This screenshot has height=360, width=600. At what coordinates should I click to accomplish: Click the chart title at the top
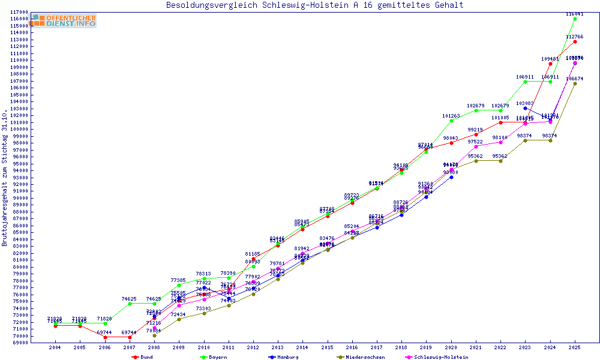(315, 5)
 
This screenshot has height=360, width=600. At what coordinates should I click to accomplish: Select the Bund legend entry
(142, 357)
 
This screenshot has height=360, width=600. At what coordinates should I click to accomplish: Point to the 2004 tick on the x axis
(55, 347)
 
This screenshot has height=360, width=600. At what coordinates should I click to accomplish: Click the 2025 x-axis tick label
(575, 347)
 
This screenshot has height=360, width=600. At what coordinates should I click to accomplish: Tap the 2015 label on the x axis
(327, 347)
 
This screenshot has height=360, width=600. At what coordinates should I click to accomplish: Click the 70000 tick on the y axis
(21, 335)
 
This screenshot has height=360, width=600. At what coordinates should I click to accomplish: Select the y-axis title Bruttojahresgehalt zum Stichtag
(5, 178)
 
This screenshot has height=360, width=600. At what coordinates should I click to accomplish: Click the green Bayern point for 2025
(575, 19)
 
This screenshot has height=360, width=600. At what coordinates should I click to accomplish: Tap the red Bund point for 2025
(575, 41)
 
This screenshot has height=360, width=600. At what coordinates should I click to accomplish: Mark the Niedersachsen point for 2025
(575, 83)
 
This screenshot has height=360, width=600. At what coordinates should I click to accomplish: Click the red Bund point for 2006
(105, 337)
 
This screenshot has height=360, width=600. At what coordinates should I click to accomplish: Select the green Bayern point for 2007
(130, 304)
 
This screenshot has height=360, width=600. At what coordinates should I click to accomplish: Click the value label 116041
(574, 14)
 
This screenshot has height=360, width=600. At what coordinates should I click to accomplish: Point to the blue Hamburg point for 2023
(526, 108)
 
